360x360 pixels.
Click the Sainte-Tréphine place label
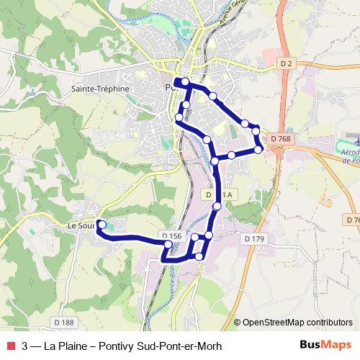(100, 89)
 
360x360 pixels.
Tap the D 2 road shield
(287, 64)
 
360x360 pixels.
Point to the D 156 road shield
(171, 235)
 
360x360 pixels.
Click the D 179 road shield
(254, 238)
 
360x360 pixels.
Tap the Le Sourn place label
(81, 225)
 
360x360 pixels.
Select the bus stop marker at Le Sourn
(102, 225)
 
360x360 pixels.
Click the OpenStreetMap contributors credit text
(298, 322)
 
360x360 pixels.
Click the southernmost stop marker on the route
(199, 256)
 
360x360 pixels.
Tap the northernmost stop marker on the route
(185, 81)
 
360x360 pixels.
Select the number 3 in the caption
(25, 346)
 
